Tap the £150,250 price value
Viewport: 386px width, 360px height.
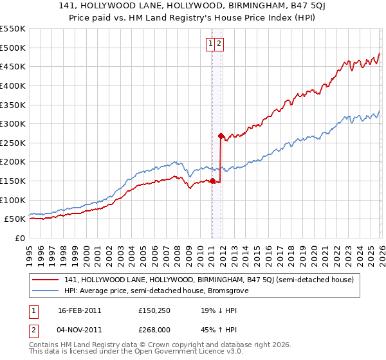click(154, 310)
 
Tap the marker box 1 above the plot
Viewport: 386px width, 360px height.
click(210, 44)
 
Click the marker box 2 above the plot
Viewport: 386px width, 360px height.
click(219, 44)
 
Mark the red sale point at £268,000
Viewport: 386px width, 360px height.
click(221, 136)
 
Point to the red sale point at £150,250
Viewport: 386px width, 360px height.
click(212, 181)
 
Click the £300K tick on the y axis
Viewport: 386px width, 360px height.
click(13, 123)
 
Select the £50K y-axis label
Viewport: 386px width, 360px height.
click(15, 219)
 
